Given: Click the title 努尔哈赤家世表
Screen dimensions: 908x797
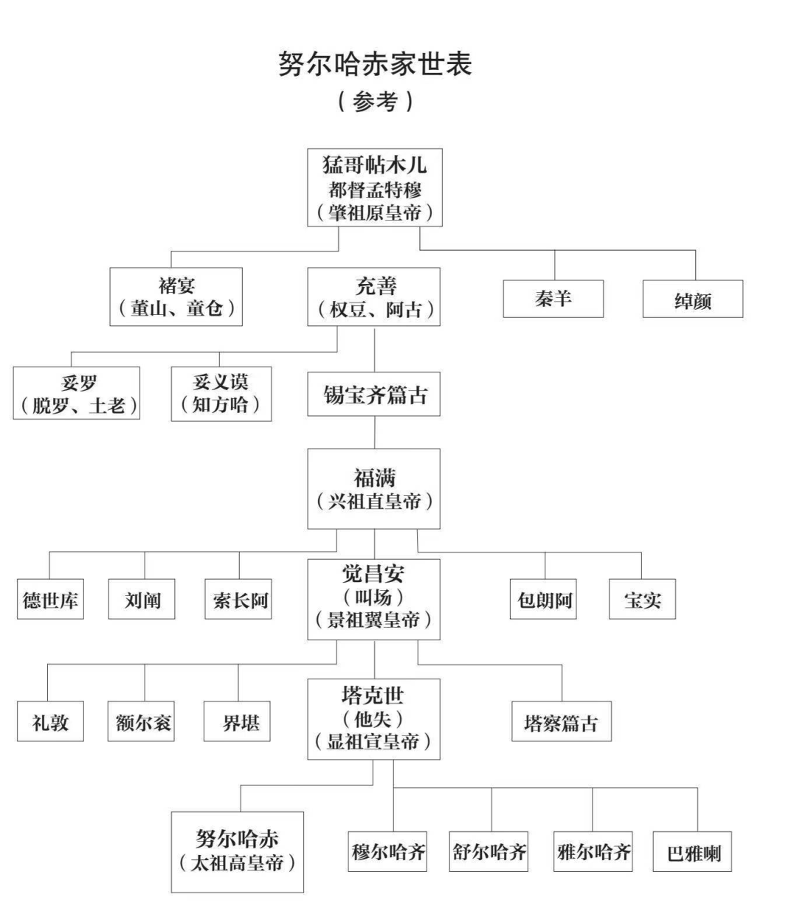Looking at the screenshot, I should tap(374, 65).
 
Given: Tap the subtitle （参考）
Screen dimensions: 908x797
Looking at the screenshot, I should tap(374, 101).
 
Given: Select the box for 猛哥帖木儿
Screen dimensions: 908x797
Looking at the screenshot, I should tap(375, 187).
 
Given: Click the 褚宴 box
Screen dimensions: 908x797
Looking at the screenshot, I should tap(176, 297).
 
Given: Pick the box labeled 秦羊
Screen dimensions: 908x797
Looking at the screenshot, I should tap(553, 299).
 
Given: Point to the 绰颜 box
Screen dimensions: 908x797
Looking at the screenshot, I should tap(692, 299).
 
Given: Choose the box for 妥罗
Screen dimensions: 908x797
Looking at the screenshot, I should tap(77, 393).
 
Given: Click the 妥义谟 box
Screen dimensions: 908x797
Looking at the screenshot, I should tap(221, 393).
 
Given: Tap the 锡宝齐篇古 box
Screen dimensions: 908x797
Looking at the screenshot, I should tap(374, 395).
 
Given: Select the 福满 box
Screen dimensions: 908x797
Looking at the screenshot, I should tap(374, 489).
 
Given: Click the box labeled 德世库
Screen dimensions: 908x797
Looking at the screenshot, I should tap(50, 600).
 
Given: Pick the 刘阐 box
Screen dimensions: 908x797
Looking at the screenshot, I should tap(143, 600).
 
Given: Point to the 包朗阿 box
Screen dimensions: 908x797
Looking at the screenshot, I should tap(545, 600).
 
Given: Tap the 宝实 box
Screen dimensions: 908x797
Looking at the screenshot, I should tap(642, 600).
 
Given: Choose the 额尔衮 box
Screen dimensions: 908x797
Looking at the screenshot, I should tap(143, 722).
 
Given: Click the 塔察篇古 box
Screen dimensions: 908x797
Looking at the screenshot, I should tap(562, 722).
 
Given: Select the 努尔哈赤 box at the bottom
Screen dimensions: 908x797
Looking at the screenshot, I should tap(238, 852).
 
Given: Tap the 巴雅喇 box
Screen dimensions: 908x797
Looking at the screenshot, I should tap(693, 853).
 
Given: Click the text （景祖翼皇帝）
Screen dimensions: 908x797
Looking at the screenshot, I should tap(374, 620).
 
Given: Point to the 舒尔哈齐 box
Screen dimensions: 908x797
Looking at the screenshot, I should tap(490, 852).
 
